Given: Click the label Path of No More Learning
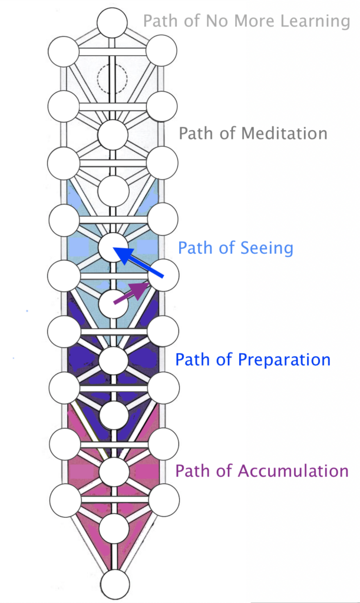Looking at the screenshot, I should pos(246,22).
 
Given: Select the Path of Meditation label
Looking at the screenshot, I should pos(253,133).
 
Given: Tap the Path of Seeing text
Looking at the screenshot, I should pos(236,248).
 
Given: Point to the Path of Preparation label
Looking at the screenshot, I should pos(253,359).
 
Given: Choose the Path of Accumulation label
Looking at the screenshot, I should pos(262,471).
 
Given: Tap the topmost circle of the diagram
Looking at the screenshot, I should pos(113,24).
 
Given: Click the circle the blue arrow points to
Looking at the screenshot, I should pos(113,248).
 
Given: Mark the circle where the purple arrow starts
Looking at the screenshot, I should pos(113,304).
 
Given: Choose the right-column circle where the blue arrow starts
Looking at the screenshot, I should pos(163,276).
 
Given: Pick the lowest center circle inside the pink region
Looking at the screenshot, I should pos(114,528).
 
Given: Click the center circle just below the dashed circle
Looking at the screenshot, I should pos(113,135).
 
